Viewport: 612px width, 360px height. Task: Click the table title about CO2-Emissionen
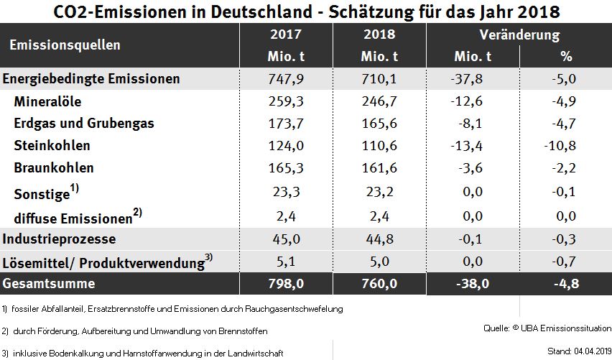click(x=306, y=11)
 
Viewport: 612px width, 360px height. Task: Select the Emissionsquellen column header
click(x=65, y=45)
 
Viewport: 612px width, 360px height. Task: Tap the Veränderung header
click(x=519, y=34)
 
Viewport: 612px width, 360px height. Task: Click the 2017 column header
click(x=286, y=34)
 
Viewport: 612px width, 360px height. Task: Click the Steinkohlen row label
click(x=52, y=145)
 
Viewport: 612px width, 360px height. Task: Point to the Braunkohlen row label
click(x=54, y=167)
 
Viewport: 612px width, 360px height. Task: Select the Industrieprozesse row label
click(x=60, y=239)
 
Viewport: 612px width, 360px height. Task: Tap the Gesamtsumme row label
click(x=49, y=284)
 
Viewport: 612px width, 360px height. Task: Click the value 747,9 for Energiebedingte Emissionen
click(x=286, y=79)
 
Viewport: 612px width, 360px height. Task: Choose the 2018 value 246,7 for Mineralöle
click(x=379, y=101)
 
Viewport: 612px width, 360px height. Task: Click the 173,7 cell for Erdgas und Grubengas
click(x=286, y=124)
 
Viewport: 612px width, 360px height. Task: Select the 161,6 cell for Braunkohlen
click(x=379, y=168)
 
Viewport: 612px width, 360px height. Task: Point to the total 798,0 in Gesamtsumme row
click(x=286, y=284)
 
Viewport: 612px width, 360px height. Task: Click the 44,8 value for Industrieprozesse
click(x=379, y=239)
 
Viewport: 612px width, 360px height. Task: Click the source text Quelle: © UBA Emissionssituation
click(x=544, y=328)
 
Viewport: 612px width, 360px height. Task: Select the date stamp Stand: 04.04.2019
click(x=572, y=351)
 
